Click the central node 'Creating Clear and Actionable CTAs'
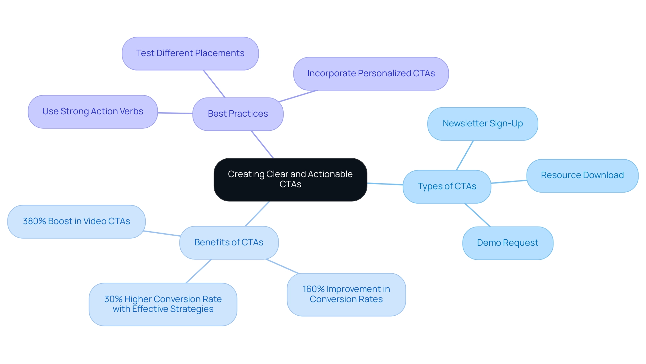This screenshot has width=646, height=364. [x=290, y=179]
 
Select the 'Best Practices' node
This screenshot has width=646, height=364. [x=238, y=114]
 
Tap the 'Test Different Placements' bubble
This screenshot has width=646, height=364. [x=190, y=53]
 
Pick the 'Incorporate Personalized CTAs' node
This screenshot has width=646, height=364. [x=371, y=74]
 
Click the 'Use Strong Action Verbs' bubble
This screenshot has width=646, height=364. [x=93, y=112]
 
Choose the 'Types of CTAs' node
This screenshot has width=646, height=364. [x=447, y=187]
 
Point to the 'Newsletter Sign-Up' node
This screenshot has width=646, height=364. [x=482, y=124]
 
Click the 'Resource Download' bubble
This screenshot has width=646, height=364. [x=582, y=175]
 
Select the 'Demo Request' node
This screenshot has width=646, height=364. [x=507, y=243]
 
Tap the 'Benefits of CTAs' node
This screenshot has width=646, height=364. [x=229, y=242]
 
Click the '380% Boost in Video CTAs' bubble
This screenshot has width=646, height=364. [x=76, y=221]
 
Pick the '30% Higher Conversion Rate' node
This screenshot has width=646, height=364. [x=163, y=304]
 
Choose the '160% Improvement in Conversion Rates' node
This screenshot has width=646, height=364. [x=346, y=294]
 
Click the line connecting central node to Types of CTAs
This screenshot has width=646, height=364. [x=385, y=184]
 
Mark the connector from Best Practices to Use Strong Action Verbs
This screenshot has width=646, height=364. [x=175, y=113]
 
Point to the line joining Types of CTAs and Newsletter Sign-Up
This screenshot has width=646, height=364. [x=465, y=155]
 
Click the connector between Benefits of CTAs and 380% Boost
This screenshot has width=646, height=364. [x=161, y=233]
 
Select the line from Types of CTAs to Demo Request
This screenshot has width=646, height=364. [x=477, y=215]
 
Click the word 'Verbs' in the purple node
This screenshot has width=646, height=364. [x=132, y=112]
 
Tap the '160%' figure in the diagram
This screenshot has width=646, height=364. [x=313, y=289]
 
